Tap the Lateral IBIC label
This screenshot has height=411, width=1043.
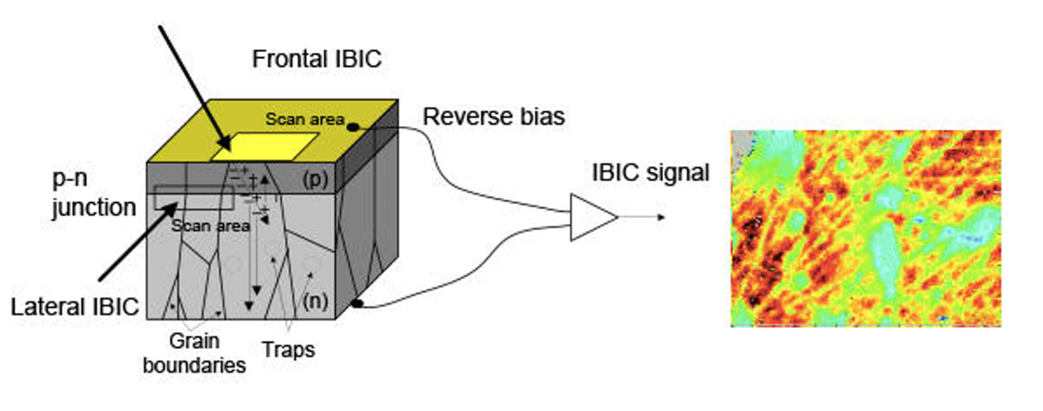(x=75, y=306)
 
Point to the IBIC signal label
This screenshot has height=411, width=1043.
(x=651, y=173)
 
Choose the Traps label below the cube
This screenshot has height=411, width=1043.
(x=288, y=348)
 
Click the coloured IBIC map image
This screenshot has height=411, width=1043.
(x=865, y=228)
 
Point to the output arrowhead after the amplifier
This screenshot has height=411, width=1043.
(x=659, y=217)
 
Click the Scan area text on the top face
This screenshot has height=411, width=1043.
(x=307, y=120)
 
